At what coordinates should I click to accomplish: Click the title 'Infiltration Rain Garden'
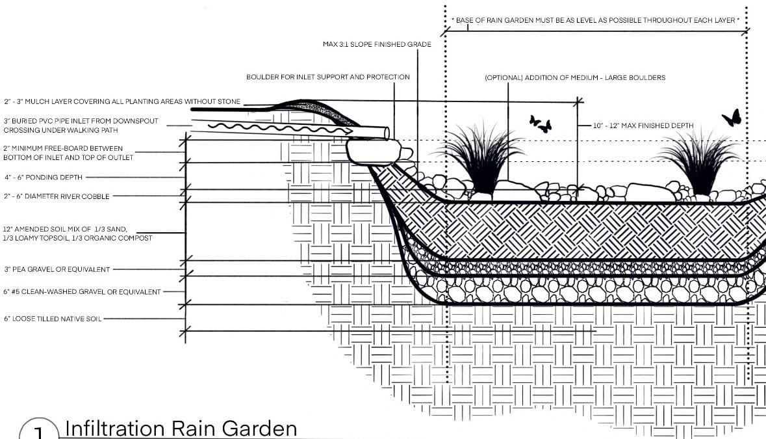point(181,428)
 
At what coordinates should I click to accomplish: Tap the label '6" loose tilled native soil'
point(53,319)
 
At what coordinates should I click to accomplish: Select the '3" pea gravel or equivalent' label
point(57,269)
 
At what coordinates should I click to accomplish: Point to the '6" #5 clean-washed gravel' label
point(82,292)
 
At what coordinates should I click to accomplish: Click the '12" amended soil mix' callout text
point(78,233)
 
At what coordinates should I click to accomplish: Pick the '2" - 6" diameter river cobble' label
point(57,196)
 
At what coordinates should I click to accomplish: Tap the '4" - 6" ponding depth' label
point(44,178)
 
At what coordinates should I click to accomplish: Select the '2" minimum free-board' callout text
point(68,153)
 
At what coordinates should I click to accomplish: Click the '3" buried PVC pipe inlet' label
point(81,126)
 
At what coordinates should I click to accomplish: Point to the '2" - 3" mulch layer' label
point(122,101)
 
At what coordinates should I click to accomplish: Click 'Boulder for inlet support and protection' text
point(328,77)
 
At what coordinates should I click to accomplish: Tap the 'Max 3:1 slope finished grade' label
point(377,44)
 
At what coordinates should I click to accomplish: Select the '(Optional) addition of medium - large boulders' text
point(575,77)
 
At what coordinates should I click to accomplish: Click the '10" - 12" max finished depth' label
point(643,126)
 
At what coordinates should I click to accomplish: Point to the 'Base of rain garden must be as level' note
point(595,20)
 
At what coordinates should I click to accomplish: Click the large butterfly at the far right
point(732,118)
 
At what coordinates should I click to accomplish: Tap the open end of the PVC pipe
point(387,133)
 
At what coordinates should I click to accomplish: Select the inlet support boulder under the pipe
point(373,151)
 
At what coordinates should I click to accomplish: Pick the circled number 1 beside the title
point(38,430)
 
